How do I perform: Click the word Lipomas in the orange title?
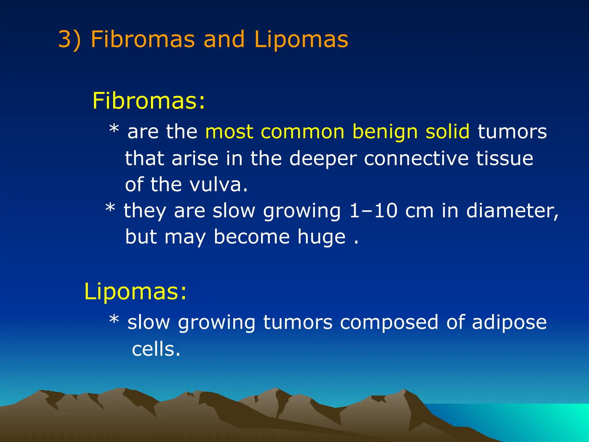(x=301, y=39)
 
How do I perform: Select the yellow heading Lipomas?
(x=135, y=292)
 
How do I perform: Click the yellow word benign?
(x=385, y=132)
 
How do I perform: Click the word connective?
(x=416, y=158)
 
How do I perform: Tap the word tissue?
(x=505, y=158)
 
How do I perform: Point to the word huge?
(x=321, y=237)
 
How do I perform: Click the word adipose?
(x=509, y=322)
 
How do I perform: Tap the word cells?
(x=156, y=349)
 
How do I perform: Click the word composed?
(x=389, y=322)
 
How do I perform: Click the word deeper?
(x=323, y=159)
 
